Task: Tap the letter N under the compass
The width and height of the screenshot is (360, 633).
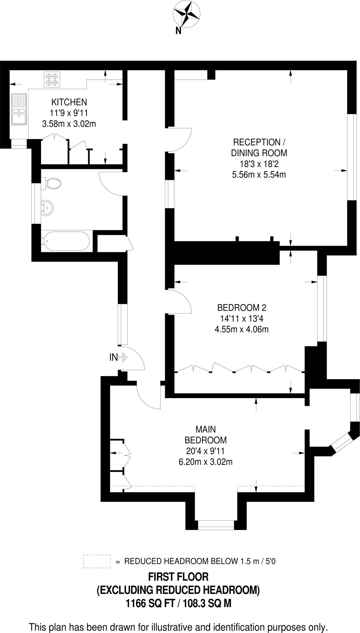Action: point(178,31)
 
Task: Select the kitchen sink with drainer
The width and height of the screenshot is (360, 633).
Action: point(19,109)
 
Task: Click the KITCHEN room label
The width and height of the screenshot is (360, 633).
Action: point(69,102)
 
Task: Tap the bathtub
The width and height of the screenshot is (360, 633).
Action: point(66,241)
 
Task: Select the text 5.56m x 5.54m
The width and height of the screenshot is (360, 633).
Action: point(259,175)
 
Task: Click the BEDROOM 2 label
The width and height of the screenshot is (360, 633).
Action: point(242,308)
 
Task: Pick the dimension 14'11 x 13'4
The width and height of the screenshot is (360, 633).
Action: point(242,318)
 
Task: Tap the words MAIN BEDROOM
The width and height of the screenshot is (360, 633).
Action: point(206,435)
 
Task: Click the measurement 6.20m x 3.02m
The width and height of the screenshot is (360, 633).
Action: point(206,462)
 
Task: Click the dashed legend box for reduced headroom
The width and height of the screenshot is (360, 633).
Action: point(97,561)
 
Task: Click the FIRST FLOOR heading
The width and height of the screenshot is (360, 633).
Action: point(178,577)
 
